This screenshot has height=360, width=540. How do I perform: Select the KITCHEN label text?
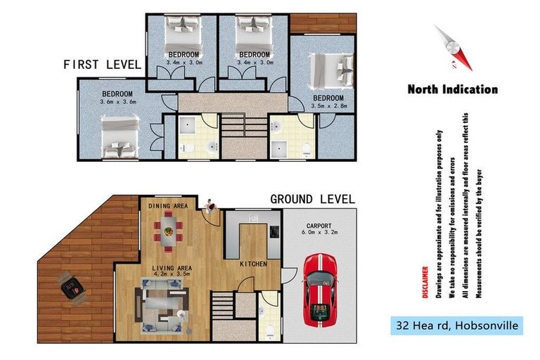(252, 264)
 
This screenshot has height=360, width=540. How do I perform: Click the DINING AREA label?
(167, 205)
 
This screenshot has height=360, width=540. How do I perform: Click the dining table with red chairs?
(167, 231)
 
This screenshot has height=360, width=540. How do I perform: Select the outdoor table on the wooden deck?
(70, 288)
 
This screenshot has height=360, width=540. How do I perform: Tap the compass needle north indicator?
(449, 48)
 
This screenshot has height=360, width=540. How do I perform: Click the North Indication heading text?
(452, 89)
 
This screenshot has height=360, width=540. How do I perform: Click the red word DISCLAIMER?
(424, 282)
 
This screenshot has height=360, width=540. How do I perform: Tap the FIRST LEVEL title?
(102, 64)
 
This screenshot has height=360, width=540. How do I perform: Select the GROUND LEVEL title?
(313, 199)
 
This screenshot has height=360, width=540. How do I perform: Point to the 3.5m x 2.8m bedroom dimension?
(328, 106)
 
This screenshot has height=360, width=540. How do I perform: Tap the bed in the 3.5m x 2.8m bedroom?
(330, 70)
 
